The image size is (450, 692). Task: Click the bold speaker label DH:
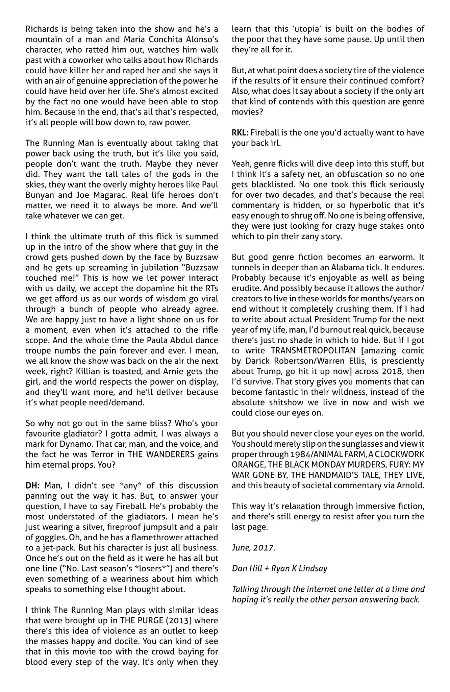[33, 486]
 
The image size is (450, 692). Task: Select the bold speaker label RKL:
[240, 133]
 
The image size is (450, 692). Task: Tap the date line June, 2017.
[253, 547]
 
